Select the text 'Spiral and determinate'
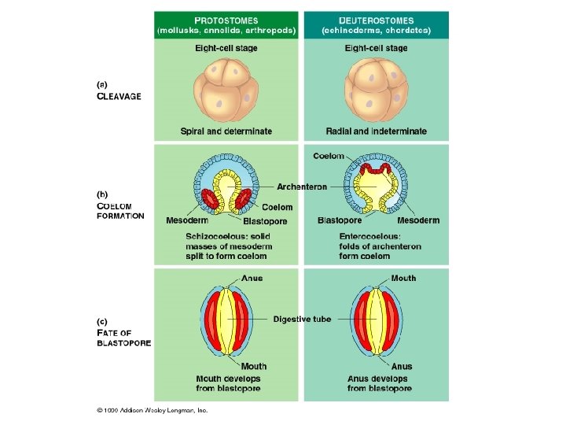pyautogui.click(x=226, y=131)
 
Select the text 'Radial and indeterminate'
pyautogui.click(x=377, y=131)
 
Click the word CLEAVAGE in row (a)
pyautogui.click(x=119, y=97)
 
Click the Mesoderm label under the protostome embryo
pyautogui.click(x=187, y=220)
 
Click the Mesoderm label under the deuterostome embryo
pyautogui.click(x=418, y=220)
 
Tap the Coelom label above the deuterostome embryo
pyautogui.click(x=329, y=156)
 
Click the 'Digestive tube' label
pyautogui.click(x=302, y=319)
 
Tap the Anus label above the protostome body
pyautogui.click(x=252, y=278)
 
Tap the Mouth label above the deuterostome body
pyautogui.click(x=403, y=278)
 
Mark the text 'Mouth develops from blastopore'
pyautogui.click(x=228, y=383)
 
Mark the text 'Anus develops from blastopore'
pyautogui.click(x=379, y=383)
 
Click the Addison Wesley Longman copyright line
pyautogui.click(x=152, y=410)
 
